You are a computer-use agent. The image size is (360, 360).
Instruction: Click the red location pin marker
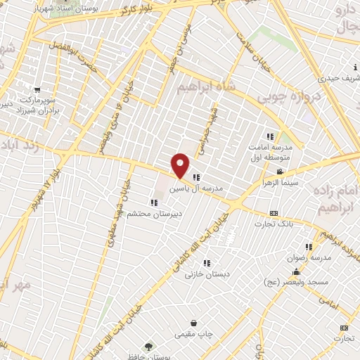tap(181, 165)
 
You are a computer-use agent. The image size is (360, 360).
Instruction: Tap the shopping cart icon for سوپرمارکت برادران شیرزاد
tap(37, 89)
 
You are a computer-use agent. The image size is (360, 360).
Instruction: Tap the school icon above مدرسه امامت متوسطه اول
tap(269, 136)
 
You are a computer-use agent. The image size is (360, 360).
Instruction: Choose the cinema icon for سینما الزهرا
tap(281, 172)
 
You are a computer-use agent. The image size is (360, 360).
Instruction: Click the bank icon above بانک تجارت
tap(274, 213)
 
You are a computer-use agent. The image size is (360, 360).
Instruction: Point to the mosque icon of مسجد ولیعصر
tap(297, 272)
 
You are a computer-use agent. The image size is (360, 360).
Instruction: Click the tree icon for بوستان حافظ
tap(148, 346)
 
